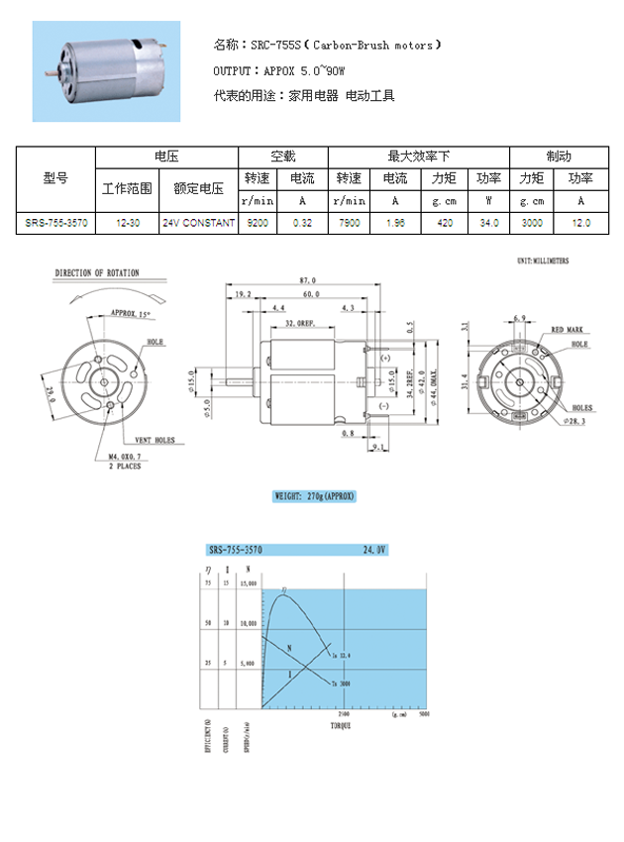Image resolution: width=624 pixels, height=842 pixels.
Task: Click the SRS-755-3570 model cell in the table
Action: click(56, 224)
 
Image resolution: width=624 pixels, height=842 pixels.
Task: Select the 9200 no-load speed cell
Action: click(258, 224)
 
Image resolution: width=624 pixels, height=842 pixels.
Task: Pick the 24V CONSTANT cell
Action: click(198, 224)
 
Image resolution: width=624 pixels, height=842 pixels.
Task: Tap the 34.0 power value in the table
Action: click(488, 224)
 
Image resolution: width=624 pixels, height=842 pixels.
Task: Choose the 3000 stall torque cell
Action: click(532, 224)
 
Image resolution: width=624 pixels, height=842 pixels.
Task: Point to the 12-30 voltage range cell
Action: click(127, 224)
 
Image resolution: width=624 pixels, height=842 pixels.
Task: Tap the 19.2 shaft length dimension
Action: click(245, 295)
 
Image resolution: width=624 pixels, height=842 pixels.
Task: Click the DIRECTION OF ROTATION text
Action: click(97, 272)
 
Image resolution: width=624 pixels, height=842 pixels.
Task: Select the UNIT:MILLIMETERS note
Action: click(542, 261)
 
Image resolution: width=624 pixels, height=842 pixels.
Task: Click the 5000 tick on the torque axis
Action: click(423, 713)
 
